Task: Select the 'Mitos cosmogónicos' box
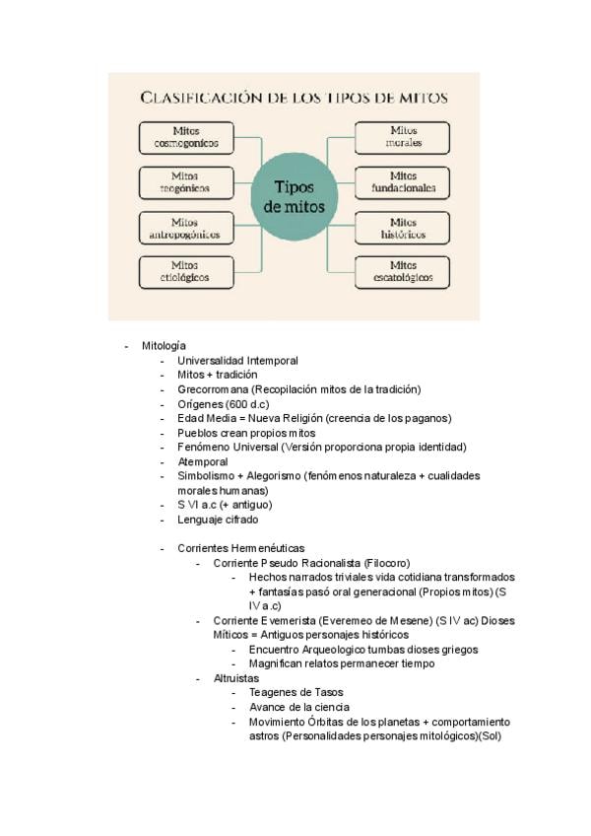click(x=187, y=137)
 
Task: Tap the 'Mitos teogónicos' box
click(x=187, y=181)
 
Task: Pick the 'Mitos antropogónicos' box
click(x=187, y=229)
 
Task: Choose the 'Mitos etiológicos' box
click(x=187, y=271)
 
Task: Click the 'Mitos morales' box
click(x=403, y=137)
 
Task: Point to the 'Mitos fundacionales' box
click(x=403, y=181)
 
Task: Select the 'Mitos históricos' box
click(x=403, y=229)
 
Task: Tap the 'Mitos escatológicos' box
click(x=403, y=271)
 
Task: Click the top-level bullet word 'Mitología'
click(x=164, y=346)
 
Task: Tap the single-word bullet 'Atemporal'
click(x=202, y=461)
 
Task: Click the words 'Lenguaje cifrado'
click(x=218, y=520)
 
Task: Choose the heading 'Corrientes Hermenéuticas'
click(x=241, y=548)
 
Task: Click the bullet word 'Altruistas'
click(x=236, y=678)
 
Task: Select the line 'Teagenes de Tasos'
click(x=295, y=693)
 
